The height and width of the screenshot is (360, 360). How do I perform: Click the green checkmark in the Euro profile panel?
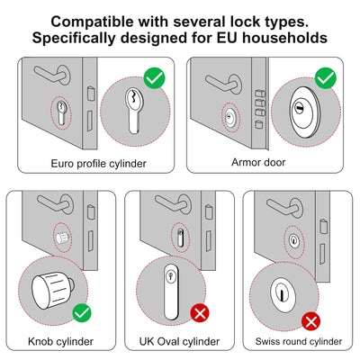pyautogui.click(x=155, y=78)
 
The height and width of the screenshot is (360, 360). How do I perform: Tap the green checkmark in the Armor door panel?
pyautogui.click(x=326, y=78)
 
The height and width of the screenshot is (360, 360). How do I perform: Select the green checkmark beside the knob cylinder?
pyautogui.click(x=82, y=313)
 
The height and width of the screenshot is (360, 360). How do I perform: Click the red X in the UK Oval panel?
pyautogui.click(x=200, y=313)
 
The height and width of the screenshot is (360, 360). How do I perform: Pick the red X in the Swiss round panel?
pyautogui.click(x=311, y=321)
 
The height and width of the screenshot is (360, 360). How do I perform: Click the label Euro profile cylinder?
pyautogui.click(x=98, y=164)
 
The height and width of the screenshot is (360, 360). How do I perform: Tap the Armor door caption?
pyautogui.click(x=258, y=162)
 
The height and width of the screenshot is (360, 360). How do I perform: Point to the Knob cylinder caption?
pyautogui.click(x=60, y=341)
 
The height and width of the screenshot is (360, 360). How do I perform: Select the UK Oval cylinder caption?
pyautogui.click(x=179, y=341)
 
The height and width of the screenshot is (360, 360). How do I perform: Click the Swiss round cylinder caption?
pyautogui.click(x=299, y=341)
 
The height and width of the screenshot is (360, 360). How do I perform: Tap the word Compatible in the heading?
pyautogui.click(x=92, y=22)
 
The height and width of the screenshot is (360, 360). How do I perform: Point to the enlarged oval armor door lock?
pyautogui.click(x=305, y=112)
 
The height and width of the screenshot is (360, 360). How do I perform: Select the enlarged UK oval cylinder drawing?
pyautogui.click(x=171, y=292)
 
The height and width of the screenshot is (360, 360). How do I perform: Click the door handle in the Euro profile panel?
pyautogui.click(x=52, y=75)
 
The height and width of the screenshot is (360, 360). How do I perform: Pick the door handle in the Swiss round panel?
pyautogui.click(x=284, y=207)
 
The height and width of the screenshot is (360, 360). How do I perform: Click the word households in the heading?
pyautogui.click(x=285, y=38)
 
